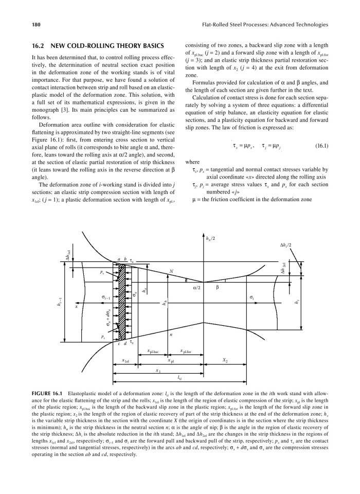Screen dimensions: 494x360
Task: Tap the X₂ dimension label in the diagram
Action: click(x=225, y=360)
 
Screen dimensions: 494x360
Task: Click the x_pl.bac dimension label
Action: click(x=153, y=351)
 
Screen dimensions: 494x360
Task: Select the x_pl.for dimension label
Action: click(x=187, y=351)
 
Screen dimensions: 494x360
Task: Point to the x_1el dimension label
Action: click(x=125, y=360)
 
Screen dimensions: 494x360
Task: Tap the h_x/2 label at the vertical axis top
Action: click(x=209, y=238)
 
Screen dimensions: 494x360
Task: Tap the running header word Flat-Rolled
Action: click(x=217, y=24)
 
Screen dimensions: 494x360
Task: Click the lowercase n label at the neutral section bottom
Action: click(x=170, y=334)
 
